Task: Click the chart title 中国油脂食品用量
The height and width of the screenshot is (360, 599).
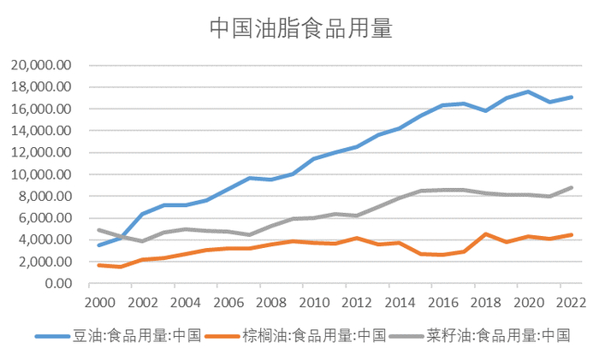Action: [300, 29]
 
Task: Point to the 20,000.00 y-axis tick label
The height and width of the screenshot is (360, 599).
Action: [41, 65]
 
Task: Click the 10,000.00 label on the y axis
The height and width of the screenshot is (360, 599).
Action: [41, 174]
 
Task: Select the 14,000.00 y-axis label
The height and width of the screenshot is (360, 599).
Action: [41, 131]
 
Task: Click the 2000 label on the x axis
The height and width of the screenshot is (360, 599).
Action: [99, 302]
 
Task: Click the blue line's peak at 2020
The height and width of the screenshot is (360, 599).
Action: [529, 91]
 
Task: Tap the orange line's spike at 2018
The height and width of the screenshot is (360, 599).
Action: [486, 233]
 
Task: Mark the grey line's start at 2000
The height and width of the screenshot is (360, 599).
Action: [99, 230]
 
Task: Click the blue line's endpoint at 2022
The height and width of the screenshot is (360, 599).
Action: [572, 97]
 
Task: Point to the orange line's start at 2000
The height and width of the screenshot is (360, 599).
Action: [99, 265]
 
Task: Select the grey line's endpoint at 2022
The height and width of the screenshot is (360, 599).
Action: [572, 187]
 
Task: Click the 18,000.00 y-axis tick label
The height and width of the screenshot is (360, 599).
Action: [41, 87]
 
